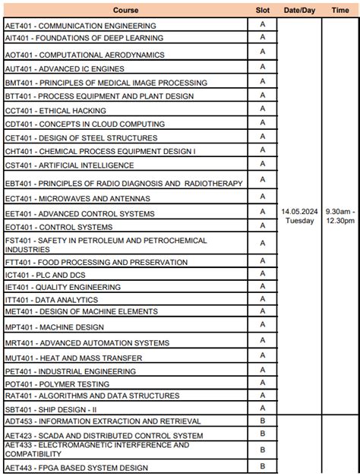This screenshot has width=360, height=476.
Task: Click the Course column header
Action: click(x=125, y=10)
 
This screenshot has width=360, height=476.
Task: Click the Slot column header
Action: click(x=262, y=10)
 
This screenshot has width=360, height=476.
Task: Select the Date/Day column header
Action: click(x=299, y=10)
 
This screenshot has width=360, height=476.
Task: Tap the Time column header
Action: click(x=340, y=10)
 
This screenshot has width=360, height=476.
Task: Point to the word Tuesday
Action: click(x=299, y=221)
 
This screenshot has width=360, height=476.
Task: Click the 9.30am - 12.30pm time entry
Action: click(x=340, y=216)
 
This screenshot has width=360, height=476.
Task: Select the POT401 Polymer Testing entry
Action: click(x=57, y=384)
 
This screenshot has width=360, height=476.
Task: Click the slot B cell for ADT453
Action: click(x=262, y=420)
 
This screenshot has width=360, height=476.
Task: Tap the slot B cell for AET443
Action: click(x=262, y=465)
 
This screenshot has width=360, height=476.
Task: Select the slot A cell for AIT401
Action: click(x=262, y=37)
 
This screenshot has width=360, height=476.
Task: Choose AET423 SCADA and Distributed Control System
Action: click(x=104, y=436)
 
